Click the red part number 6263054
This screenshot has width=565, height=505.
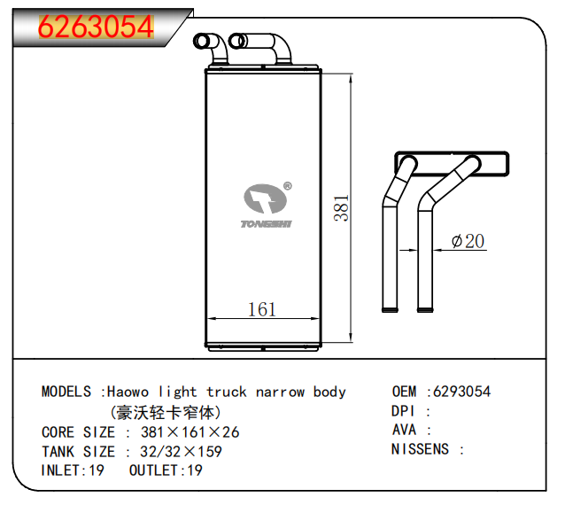(x=97, y=27)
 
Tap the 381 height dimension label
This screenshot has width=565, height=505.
(x=341, y=208)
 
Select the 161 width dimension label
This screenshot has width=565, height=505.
(x=262, y=309)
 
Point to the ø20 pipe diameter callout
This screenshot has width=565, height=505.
(x=468, y=241)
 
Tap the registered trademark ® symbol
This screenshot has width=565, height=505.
(x=288, y=186)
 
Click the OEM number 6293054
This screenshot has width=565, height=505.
(x=461, y=391)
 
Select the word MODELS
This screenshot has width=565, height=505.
(x=66, y=392)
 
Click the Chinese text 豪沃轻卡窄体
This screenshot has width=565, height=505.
(x=166, y=412)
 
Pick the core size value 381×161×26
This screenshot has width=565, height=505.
(x=190, y=432)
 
